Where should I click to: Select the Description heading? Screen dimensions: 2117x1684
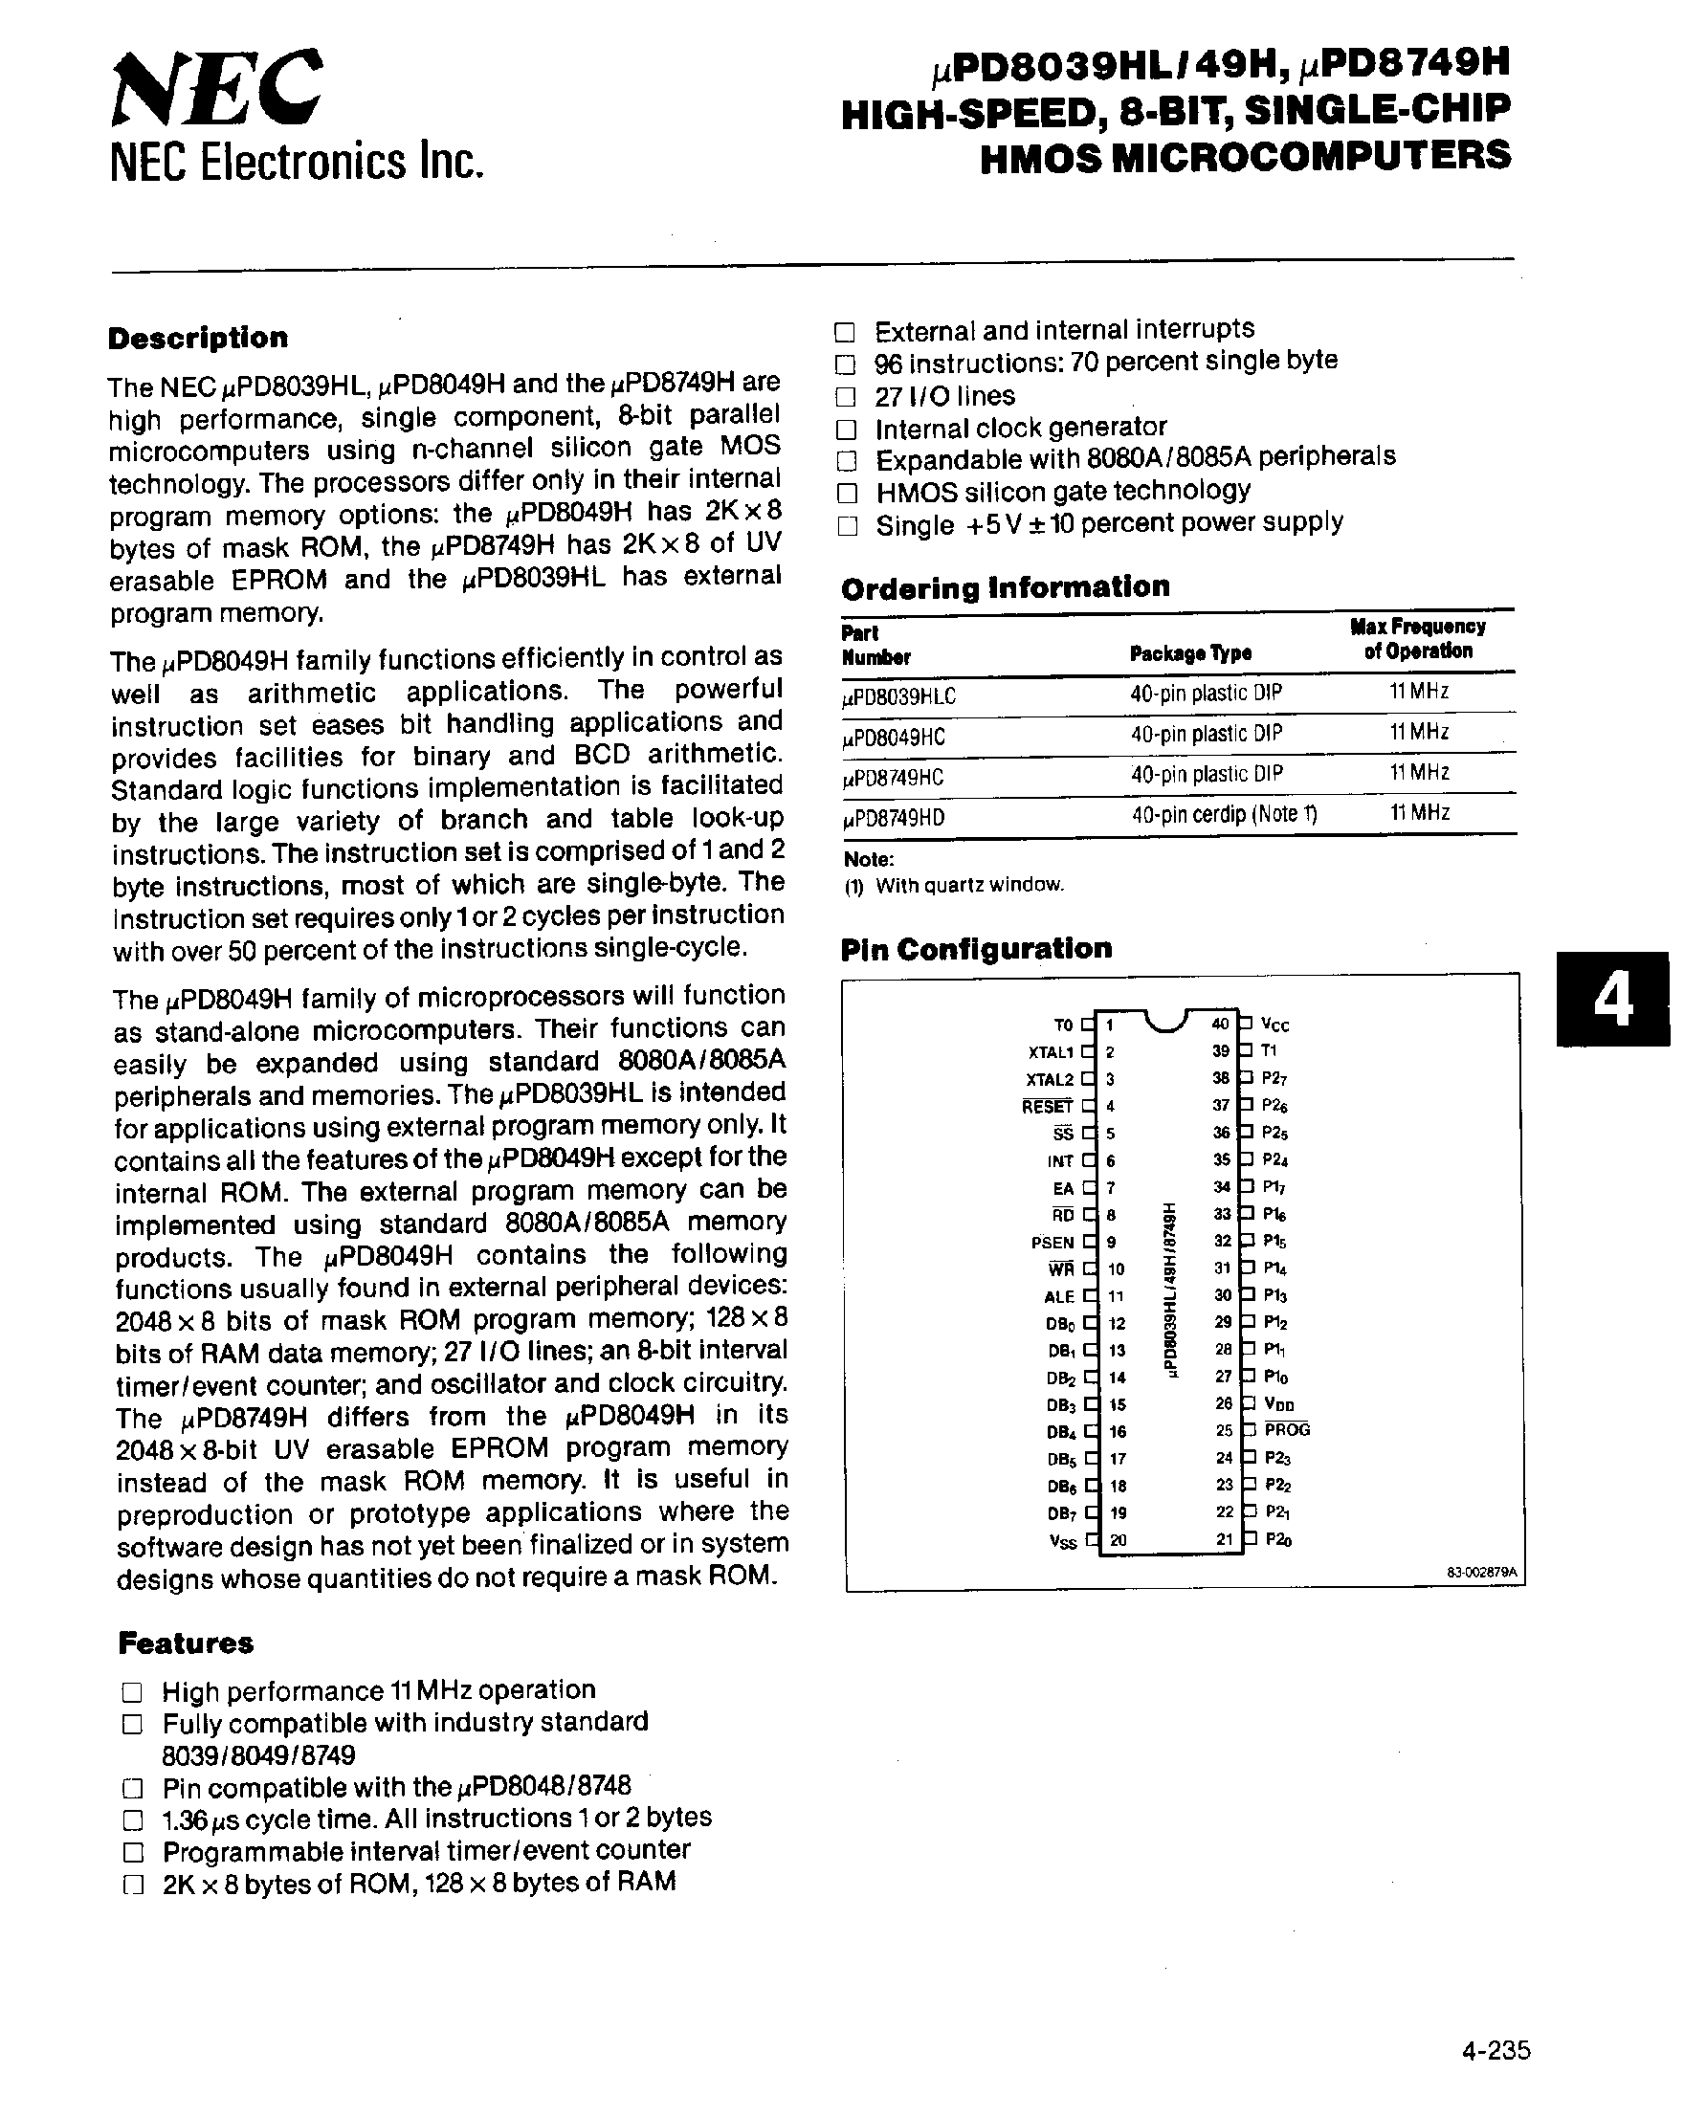(x=197, y=338)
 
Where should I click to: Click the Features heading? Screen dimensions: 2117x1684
(x=186, y=1643)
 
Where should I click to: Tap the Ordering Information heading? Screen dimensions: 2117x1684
(x=1005, y=587)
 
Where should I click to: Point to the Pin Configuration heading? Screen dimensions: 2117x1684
(x=976, y=949)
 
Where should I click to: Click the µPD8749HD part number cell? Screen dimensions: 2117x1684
(x=894, y=817)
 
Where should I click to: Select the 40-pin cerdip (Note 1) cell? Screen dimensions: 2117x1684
(x=1223, y=814)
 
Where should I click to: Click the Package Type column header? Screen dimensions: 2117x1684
(x=1190, y=653)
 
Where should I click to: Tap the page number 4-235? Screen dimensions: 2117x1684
(x=1495, y=2050)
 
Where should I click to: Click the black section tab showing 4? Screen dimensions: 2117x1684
(x=1611, y=1000)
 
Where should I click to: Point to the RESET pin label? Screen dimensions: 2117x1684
(x=1047, y=1107)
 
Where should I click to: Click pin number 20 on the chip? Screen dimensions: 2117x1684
(x=1118, y=1539)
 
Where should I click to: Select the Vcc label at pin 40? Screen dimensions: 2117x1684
(x=1274, y=1025)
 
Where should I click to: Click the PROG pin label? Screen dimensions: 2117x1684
(x=1286, y=1429)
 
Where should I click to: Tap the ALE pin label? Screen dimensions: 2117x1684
(x=1058, y=1297)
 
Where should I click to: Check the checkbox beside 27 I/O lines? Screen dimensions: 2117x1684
(x=846, y=397)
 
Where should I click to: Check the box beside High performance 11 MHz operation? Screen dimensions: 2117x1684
(x=132, y=1691)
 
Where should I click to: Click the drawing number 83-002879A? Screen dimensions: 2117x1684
(x=1481, y=1572)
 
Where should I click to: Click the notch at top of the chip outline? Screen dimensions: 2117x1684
(x=1165, y=1021)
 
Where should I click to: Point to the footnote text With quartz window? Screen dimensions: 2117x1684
(x=968, y=885)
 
